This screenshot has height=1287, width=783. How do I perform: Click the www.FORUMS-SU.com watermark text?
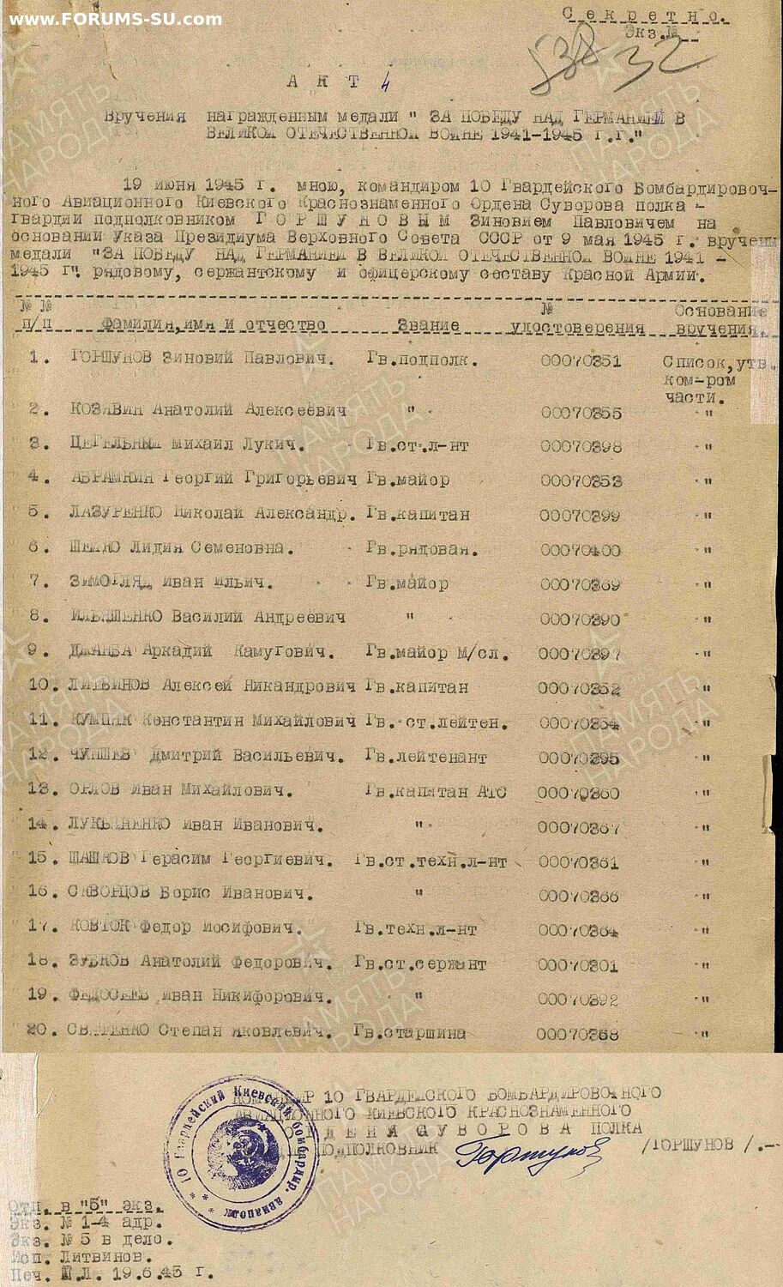pyautogui.click(x=115, y=19)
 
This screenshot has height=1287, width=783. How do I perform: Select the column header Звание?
pyautogui.click(x=428, y=326)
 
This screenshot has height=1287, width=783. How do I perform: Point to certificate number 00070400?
pyautogui.click(x=580, y=550)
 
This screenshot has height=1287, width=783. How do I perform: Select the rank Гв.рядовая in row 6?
pyautogui.click(x=421, y=548)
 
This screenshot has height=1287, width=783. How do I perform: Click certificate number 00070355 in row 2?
pyautogui.click(x=581, y=413)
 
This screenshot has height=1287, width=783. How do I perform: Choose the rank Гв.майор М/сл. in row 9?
pyautogui.click(x=437, y=653)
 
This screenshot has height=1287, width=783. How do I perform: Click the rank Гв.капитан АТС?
pyautogui.click(x=435, y=792)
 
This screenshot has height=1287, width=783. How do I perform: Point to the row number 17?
pyautogui.click(x=42, y=927)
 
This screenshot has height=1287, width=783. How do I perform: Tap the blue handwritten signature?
pyautogui.click(x=527, y=1153)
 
